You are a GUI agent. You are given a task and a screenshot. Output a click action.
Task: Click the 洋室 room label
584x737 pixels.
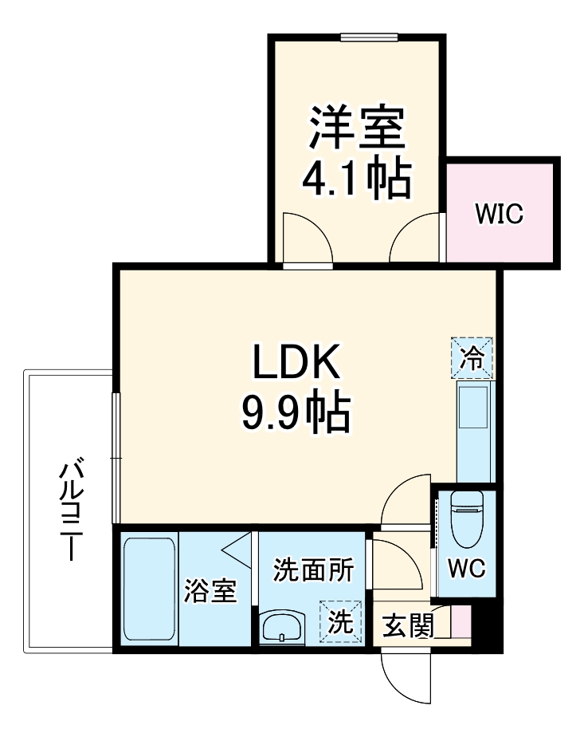click(358, 127)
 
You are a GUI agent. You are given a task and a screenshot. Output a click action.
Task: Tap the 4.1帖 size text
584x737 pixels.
click(356, 179)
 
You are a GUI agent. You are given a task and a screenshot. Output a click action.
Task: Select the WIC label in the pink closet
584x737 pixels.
click(499, 214)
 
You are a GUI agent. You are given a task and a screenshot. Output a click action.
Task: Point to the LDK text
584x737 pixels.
click(296, 364)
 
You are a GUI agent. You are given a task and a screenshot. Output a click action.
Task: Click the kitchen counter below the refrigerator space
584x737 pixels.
click(476, 431)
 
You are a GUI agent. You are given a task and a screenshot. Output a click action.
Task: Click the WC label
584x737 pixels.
click(466, 569)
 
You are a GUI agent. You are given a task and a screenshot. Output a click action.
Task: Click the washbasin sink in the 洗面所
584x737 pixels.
click(283, 627)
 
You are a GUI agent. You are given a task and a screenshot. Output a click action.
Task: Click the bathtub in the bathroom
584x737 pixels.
click(150, 589)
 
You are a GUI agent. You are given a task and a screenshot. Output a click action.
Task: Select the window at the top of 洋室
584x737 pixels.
click(368, 36)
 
